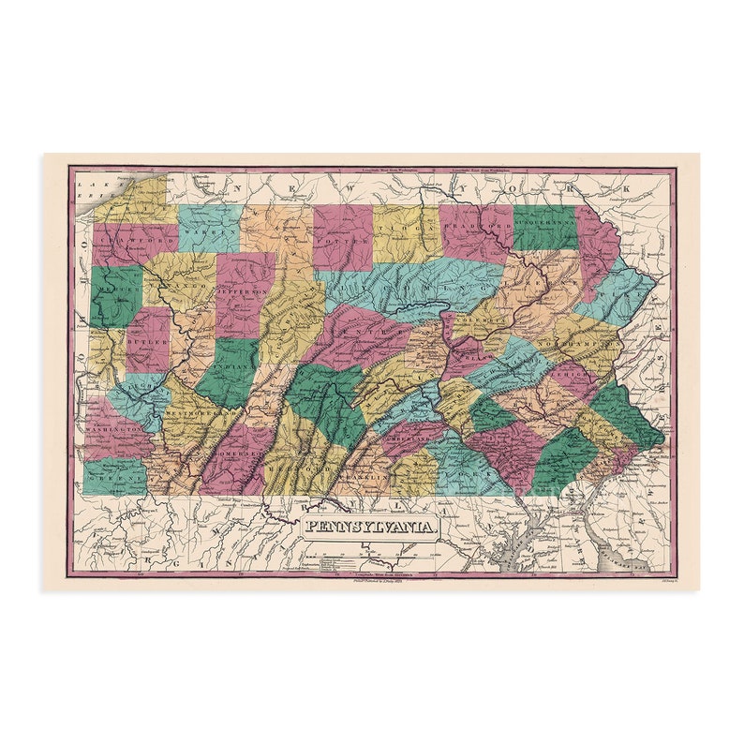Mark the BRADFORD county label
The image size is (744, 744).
click(477, 227)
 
